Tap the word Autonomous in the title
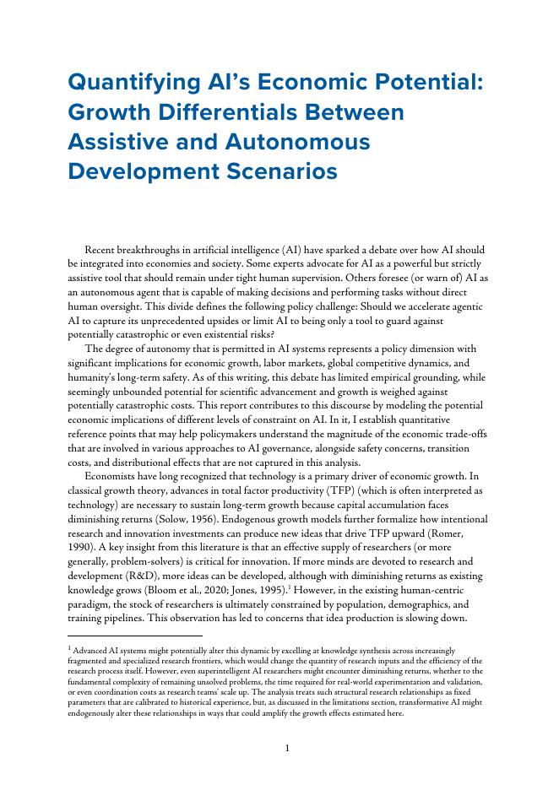pyautogui.click(x=301, y=142)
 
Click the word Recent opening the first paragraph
pyautogui.click(x=104, y=251)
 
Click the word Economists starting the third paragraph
pyautogui.click(x=117, y=477)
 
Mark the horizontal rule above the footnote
pyautogui.click(x=135, y=635)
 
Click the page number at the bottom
pyautogui.click(x=287, y=748)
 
